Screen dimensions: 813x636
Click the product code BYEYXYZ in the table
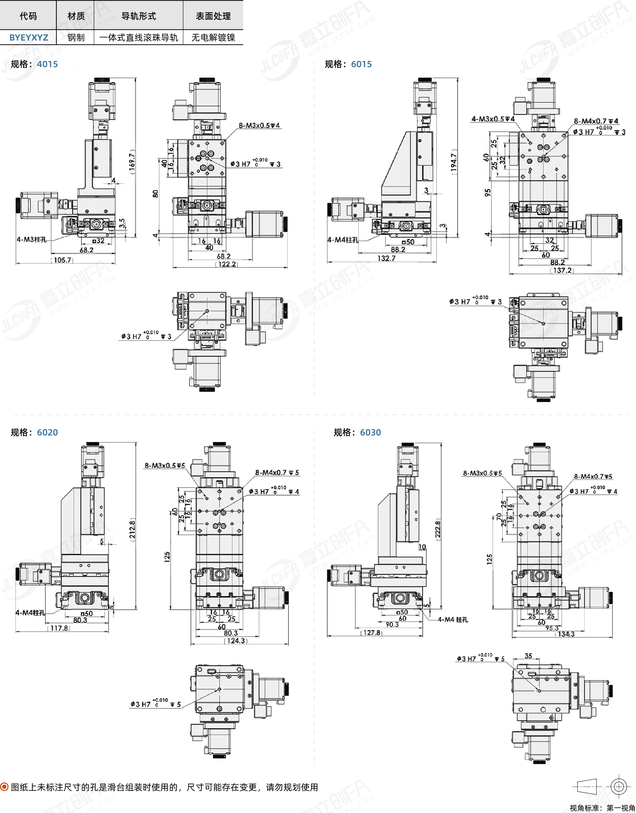[x=29, y=38]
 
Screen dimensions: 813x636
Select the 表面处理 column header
[x=213, y=16]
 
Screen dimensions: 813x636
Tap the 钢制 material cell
[x=76, y=38]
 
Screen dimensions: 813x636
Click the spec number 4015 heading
[x=47, y=64]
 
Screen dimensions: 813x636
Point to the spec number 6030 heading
[x=370, y=432]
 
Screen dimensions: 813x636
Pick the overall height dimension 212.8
[x=132, y=529]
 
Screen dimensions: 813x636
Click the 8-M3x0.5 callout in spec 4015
[x=259, y=126]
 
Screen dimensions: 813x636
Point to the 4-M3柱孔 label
[x=32, y=240]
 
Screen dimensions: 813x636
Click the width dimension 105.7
[x=62, y=260]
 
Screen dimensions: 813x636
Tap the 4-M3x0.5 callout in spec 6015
[x=493, y=119]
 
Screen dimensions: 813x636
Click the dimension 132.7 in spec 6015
[x=387, y=258]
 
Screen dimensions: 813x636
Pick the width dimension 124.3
[x=236, y=640]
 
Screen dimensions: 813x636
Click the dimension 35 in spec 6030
[x=528, y=656]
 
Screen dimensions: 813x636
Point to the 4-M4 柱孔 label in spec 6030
[x=453, y=620]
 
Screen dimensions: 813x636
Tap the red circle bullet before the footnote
[x=4, y=787]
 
